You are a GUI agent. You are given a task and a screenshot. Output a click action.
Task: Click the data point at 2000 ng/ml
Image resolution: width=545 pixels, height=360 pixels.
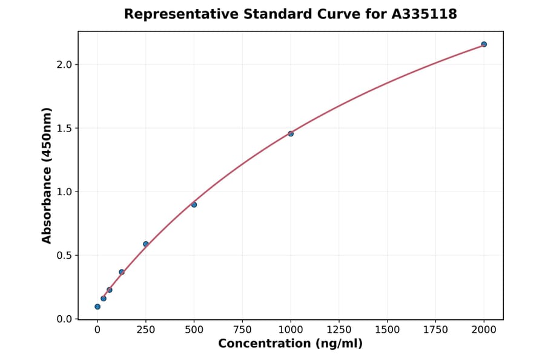tap(484, 44)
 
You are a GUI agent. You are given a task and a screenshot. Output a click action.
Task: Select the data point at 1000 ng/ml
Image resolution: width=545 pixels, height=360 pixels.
tap(291, 133)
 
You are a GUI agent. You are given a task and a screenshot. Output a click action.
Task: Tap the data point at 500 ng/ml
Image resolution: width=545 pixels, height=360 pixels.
tap(194, 205)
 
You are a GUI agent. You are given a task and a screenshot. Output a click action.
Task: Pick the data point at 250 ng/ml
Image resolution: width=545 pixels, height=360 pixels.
tap(145, 244)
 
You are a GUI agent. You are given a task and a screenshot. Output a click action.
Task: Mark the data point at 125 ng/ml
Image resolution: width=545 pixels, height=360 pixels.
tap(122, 272)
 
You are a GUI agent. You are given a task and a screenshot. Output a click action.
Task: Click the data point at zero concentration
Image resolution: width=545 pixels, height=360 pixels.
tap(97, 307)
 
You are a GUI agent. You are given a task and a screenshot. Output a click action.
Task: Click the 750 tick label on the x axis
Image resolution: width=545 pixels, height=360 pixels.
tap(242, 330)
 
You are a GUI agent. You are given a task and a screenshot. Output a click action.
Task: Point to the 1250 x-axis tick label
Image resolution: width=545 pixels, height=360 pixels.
tap(339, 330)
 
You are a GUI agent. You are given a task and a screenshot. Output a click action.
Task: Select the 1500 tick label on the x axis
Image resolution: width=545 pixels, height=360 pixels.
tap(388, 330)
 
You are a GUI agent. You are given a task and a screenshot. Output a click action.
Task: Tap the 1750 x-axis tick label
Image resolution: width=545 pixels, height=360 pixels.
tap(436, 330)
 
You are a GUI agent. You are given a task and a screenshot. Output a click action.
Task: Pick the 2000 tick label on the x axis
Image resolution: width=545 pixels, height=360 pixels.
tap(484, 330)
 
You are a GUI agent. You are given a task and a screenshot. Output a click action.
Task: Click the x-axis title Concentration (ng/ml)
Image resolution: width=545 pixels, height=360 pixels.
tap(290, 344)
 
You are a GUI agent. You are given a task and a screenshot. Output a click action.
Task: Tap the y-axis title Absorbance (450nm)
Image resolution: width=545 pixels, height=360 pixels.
tap(47, 175)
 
